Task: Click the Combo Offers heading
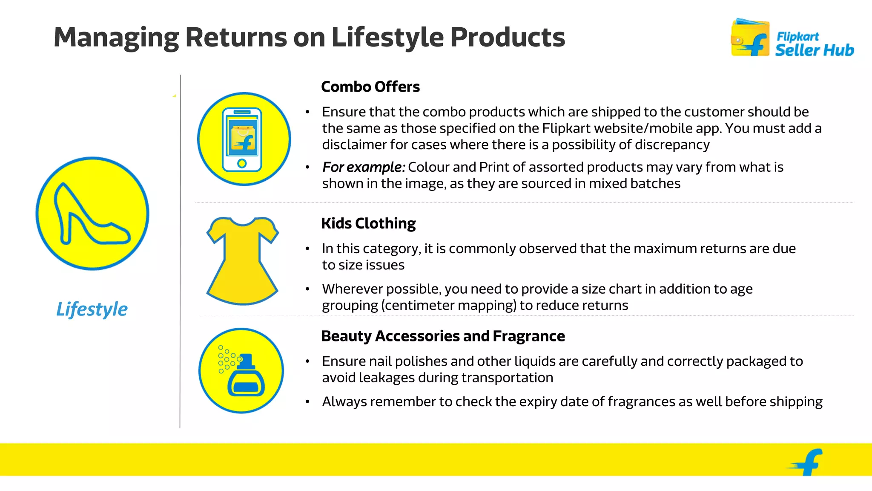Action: coord(370,87)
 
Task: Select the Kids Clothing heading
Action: coord(368,223)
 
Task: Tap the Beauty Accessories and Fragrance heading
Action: coord(443,336)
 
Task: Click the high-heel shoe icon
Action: coord(92,214)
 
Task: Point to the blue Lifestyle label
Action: coord(92,309)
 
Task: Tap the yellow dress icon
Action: coord(243,261)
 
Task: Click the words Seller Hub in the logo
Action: coord(814,50)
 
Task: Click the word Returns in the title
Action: coord(235,37)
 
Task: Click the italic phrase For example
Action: coord(363,167)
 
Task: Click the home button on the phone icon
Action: coord(242,163)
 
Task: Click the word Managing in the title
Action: coord(116,37)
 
